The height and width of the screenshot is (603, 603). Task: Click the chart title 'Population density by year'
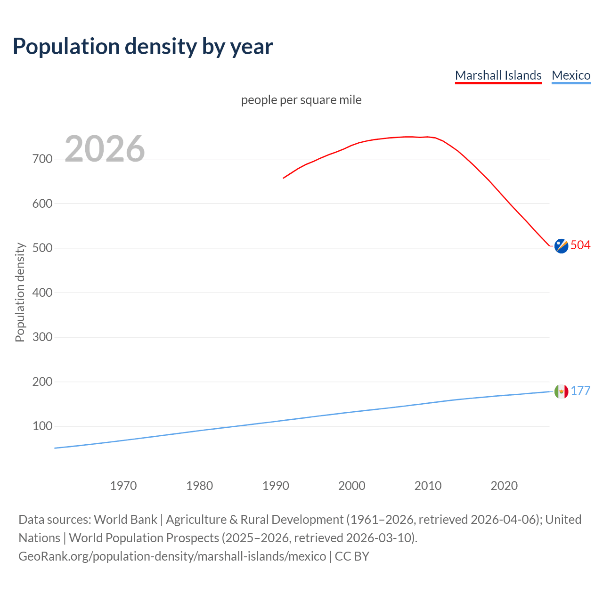[143, 46]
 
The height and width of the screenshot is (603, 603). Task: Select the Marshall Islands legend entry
[498, 75]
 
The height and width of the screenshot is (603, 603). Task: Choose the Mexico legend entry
[571, 75]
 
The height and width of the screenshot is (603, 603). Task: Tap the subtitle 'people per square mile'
[301, 100]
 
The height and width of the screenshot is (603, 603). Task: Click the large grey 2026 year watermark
[105, 149]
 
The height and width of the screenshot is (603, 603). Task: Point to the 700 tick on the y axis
[42, 159]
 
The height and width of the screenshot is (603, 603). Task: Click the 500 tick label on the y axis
[42, 248]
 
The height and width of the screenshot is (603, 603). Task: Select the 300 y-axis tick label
[42, 337]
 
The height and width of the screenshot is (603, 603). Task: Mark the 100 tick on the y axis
[42, 426]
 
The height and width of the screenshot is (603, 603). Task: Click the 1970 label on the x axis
[123, 486]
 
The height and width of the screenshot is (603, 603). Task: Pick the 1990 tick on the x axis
[276, 486]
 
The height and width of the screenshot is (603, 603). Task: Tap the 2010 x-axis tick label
[428, 486]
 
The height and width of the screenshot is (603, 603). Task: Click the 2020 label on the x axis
[504, 486]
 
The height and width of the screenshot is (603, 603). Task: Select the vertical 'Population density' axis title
[20, 292]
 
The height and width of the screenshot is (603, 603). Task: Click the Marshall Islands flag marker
[561, 246]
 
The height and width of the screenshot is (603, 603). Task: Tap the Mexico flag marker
[561, 391]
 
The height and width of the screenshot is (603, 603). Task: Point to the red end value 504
[580, 245]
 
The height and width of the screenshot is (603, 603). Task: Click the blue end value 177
[580, 391]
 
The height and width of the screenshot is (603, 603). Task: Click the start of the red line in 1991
[284, 178]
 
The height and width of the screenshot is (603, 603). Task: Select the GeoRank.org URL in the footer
[172, 556]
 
